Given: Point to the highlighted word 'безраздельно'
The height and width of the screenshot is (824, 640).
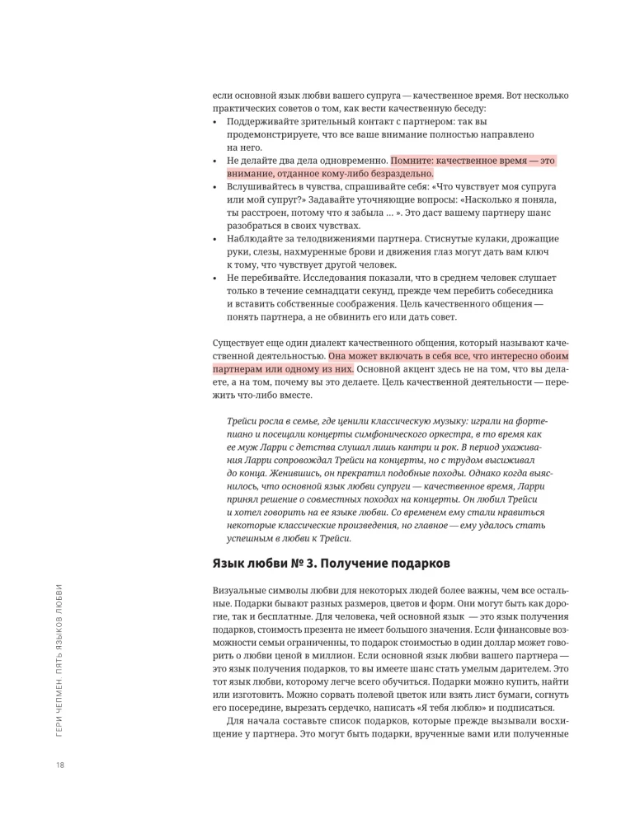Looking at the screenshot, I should [399, 174].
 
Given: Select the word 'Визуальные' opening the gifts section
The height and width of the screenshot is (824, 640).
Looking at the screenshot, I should [240, 592].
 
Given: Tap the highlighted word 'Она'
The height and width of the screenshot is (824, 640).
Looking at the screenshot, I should [340, 356].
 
